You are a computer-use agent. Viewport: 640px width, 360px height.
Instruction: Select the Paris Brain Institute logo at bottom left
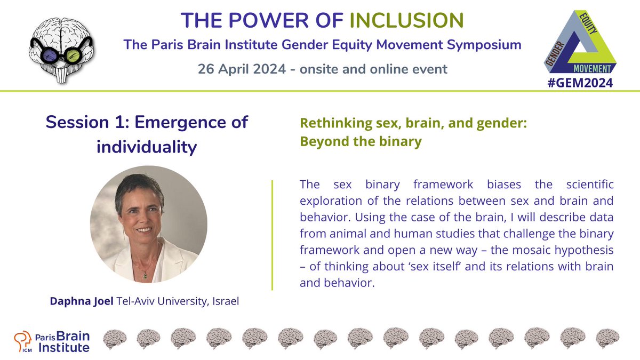coord(52,341)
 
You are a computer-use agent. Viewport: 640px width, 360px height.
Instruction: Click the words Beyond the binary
coord(361,142)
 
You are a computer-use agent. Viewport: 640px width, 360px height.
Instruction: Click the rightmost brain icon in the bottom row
coord(607,339)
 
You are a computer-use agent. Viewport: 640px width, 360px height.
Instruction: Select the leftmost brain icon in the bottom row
coord(114,339)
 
